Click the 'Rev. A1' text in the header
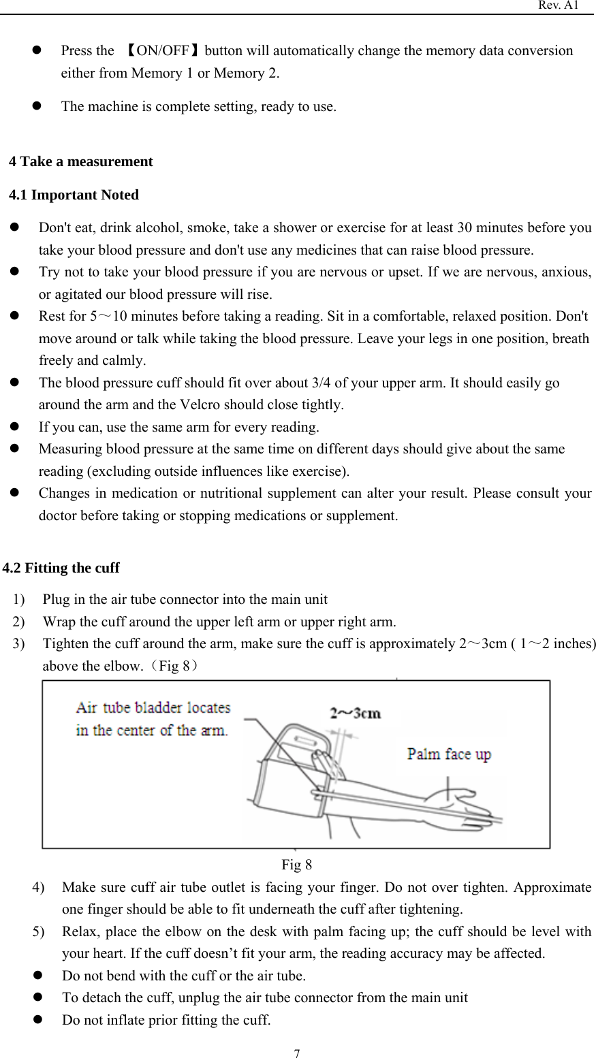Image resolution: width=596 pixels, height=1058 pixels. coord(559,5)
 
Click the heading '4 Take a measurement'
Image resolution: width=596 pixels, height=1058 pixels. coord(81,161)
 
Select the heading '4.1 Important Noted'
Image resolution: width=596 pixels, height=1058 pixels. coord(74,195)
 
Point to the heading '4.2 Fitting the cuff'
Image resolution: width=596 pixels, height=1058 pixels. coord(61,568)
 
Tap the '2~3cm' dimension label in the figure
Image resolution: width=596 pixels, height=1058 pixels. coord(355,714)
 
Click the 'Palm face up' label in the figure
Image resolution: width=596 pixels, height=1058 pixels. coord(448,754)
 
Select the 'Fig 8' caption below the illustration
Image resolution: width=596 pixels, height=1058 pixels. coord(297,865)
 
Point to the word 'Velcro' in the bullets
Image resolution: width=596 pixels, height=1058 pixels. coord(200,405)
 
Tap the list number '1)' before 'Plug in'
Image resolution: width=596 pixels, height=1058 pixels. coord(20,600)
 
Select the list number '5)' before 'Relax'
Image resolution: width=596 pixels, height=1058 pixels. coord(39,931)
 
